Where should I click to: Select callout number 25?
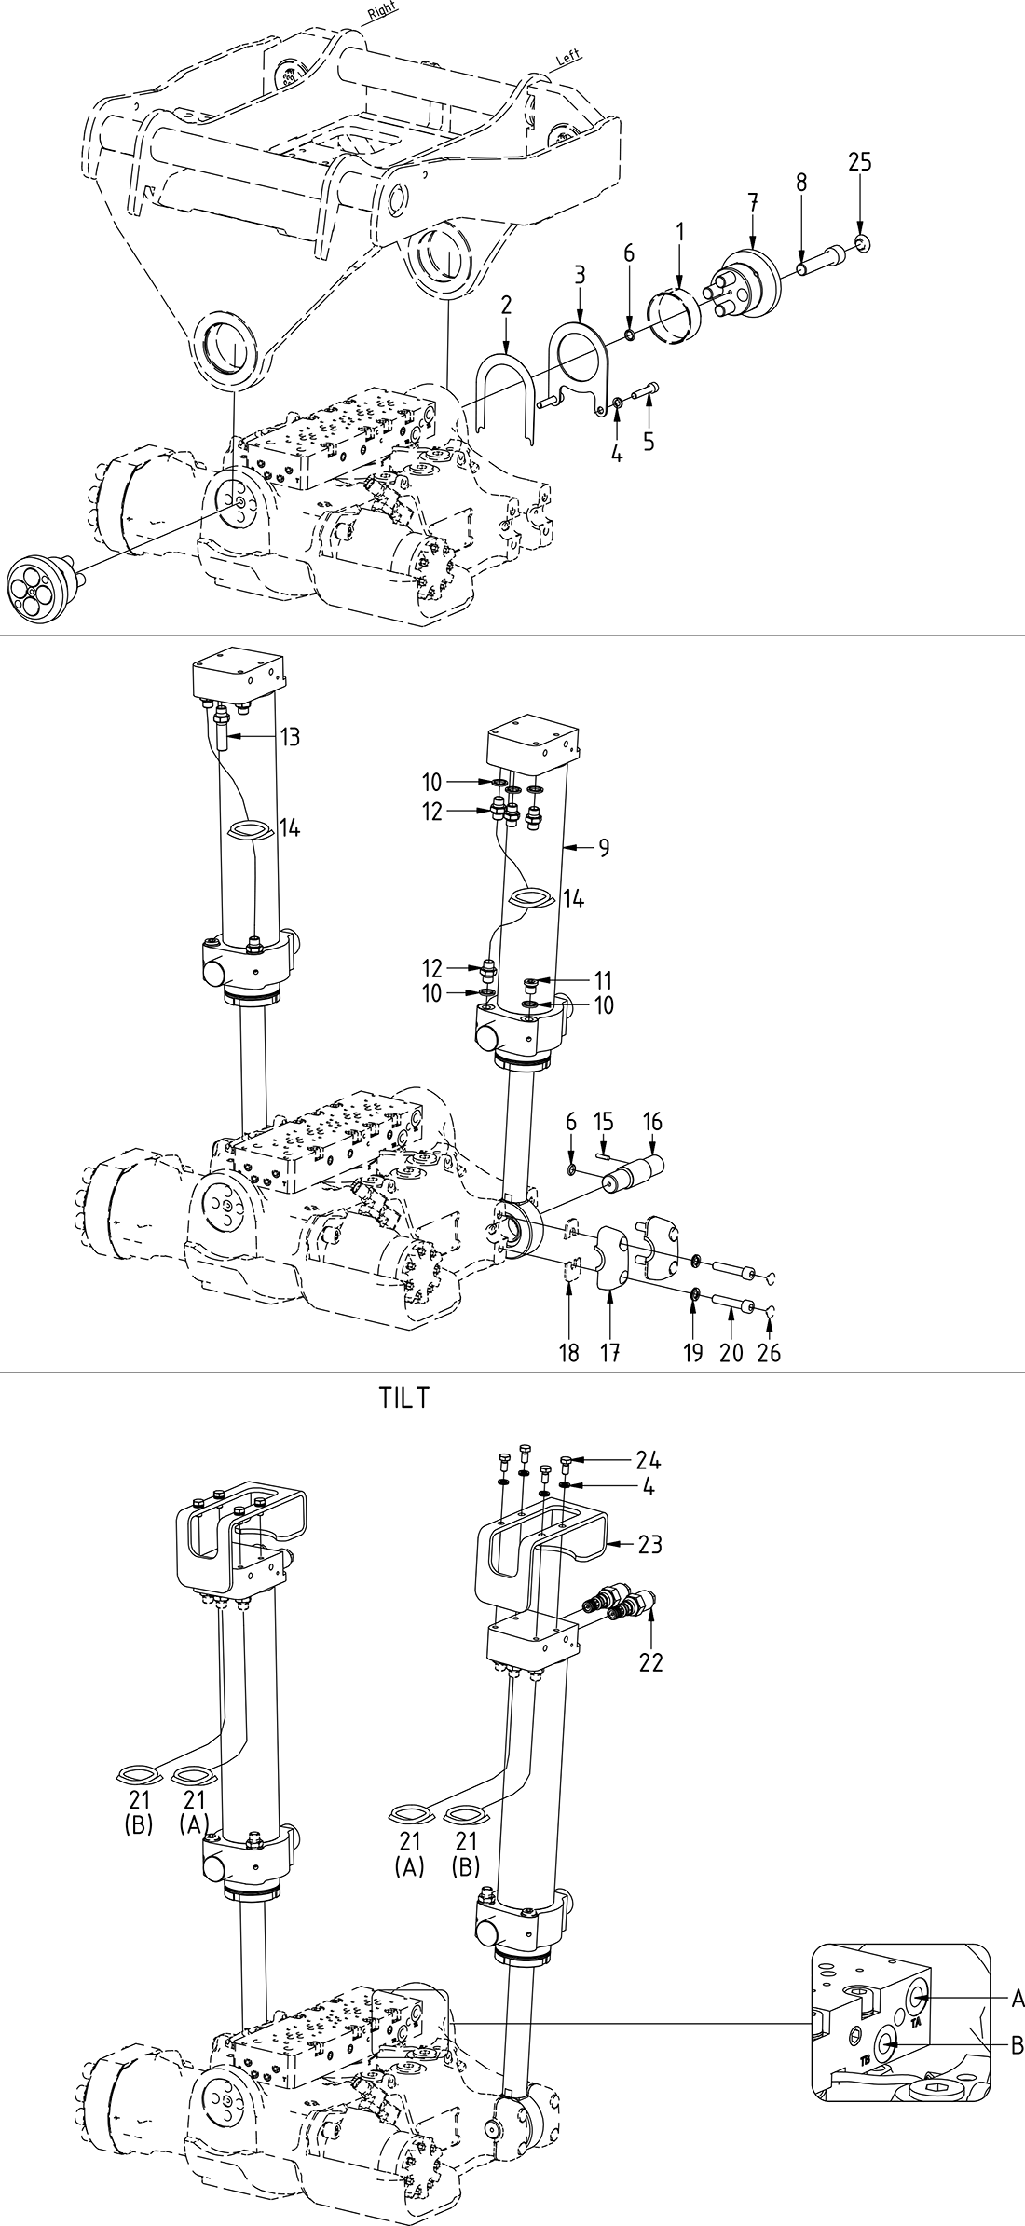pyautogui.click(x=860, y=162)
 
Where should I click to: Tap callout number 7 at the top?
pyautogui.click(x=753, y=201)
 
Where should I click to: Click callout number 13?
pyautogui.click(x=290, y=737)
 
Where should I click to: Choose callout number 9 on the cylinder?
pyautogui.click(x=604, y=848)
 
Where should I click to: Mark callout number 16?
pyautogui.click(x=652, y=1122)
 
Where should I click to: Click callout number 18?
pyautogui.click(x=568, y=1353)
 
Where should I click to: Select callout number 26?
pyautogui.click(x=769, y=1353)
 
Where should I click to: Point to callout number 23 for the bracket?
pyautogui.click(x=649, y=1545)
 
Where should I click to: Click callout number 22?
pyautogui.click(x=650, y=1662)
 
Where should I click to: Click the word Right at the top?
pyautogui.click(x=383, y=13)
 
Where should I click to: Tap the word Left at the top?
pyautogui.click(x=567, y=57)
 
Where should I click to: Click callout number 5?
pyautogui.click(x=649, y=441)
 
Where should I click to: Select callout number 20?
pyautogui.click(x=731, y=1353)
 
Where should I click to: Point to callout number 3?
pyautogui.click(x=580, y=276)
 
